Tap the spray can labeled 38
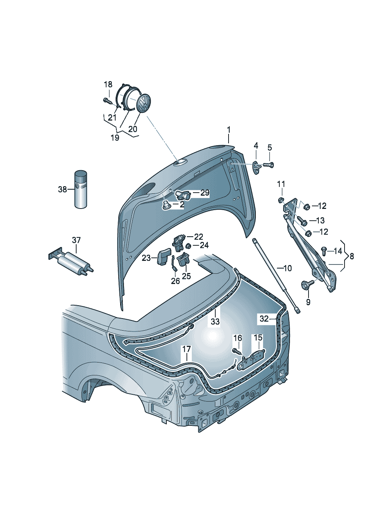click(80, 189)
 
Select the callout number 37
click(76, 240)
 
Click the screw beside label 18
click(107, 101)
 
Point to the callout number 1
click(229, 130)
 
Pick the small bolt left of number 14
click(324, 251)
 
